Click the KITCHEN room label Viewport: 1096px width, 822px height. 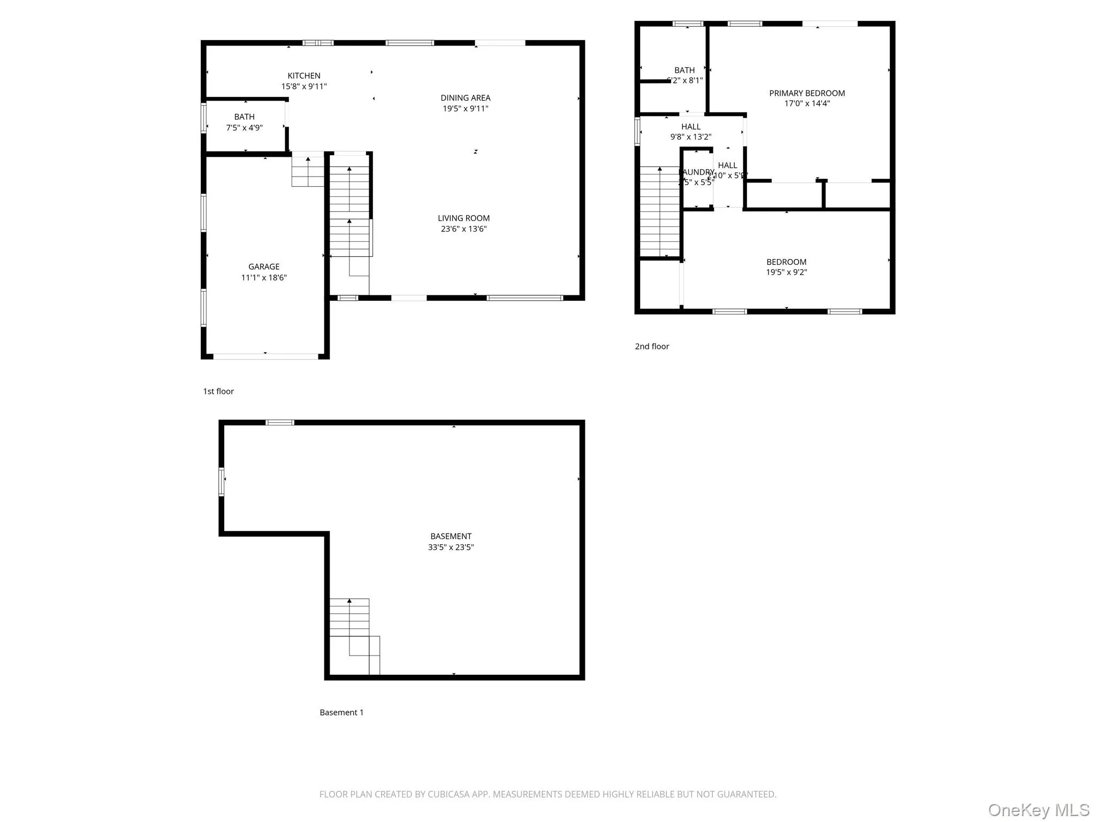[x=304, y=76]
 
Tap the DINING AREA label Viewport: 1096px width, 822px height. [x=465, y=98]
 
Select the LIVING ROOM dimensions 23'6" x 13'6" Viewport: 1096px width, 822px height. [x=463, y=229]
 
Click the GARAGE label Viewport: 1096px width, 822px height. [x=264, y=267]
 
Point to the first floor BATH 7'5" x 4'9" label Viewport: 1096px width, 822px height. [x=244, y=122]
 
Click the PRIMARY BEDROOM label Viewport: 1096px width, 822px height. [x=806, y=93]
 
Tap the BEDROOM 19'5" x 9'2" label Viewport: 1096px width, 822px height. [x=786, y=267]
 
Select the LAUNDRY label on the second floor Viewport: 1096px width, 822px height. [x=697, y=172]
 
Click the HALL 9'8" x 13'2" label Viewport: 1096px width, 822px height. [x=691, y=132]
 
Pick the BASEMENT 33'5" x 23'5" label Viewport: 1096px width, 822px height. [x=451, y=541]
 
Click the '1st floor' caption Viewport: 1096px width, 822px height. [x=218, y=391]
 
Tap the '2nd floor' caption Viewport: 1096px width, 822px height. [x=652, y=346]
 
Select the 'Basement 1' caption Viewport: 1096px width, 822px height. [x=341, y=712]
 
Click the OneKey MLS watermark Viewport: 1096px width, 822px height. [x=1038, y=810]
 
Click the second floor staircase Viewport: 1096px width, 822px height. [x=660, y=212]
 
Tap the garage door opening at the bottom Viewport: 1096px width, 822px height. [x=265, y=356]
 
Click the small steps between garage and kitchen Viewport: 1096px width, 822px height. [x=308, y=170]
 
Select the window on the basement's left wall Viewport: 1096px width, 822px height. [x=221, y=482]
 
